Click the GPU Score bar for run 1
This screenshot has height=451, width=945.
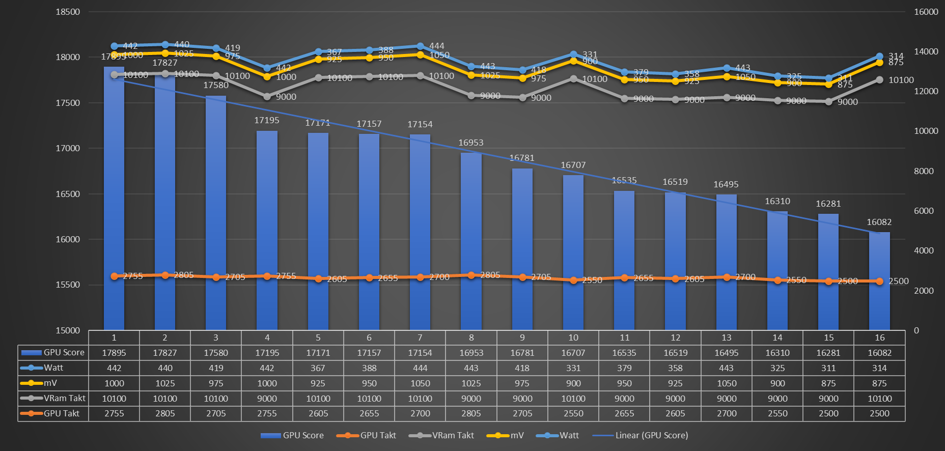click(114, 199)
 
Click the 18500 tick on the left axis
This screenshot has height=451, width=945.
click(68, 12)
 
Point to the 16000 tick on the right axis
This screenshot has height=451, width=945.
click(926, 12)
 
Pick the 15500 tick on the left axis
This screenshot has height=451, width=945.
click(68, 285)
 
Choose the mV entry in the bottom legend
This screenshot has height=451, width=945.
click(517, 435)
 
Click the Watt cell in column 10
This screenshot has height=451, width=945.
click(573, 368)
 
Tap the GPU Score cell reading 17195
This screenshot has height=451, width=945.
click(267, 353)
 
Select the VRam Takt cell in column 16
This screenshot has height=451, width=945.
click(879, 399)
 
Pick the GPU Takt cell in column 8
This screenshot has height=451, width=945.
click(471, 413)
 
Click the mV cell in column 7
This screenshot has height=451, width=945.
click(420, 383)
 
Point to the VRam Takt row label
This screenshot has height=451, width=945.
click(64, 398)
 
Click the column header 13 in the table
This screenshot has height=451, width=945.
click(727, 337)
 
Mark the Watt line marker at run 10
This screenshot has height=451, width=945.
click(573, 54)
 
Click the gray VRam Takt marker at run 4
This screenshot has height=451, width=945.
click(267, 96)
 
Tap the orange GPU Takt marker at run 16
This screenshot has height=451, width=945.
click(879, 281)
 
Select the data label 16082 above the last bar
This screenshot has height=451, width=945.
click(879, 222)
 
